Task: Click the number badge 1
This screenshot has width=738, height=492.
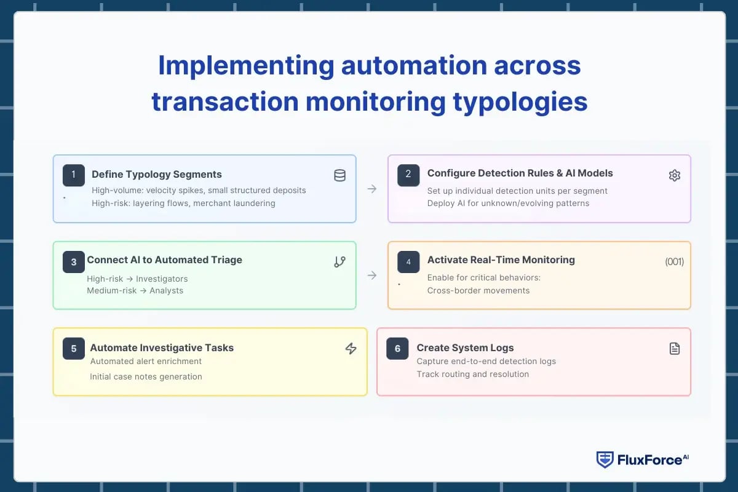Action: [x=74, y=175]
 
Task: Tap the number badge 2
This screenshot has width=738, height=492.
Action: [x=408, y=175]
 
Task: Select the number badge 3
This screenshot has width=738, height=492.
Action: [x=74, y=262]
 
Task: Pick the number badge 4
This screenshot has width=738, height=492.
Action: [x=408, y=262]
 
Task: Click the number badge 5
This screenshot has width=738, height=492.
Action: [x=74, y=349]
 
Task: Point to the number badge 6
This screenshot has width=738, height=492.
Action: [x=397, y=349]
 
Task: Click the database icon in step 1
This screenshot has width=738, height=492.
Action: [x=339, y=176]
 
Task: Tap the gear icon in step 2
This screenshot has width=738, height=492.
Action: [x=674, y=176]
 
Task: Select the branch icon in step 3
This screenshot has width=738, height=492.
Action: [x=339, y=262]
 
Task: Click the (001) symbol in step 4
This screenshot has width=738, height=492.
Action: [x=674, y=262]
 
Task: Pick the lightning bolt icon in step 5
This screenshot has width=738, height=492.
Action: [x=351, y=349]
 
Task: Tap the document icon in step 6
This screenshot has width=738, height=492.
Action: [x=674, y=349]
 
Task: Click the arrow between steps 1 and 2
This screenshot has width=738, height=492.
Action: [x=372, y=189]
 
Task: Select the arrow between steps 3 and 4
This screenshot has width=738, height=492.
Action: [x=372, y=276]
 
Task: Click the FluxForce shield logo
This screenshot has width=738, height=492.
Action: [x=605, y=459]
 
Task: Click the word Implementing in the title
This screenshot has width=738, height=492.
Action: [x=246, y=66]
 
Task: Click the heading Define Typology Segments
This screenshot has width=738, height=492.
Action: [x=157, y=174]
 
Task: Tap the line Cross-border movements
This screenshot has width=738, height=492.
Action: [x=478, y=290]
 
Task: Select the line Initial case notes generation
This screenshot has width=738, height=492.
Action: [x=146, y=376]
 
